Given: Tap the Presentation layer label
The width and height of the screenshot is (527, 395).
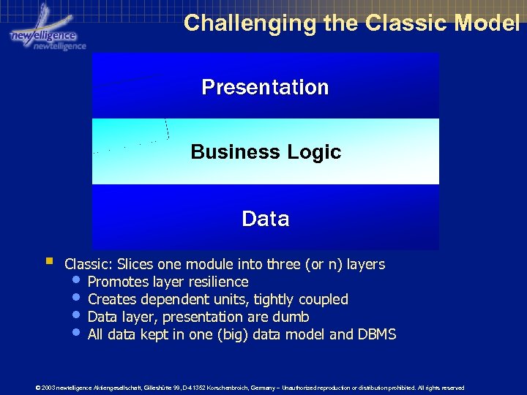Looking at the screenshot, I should click(x=265, y=87).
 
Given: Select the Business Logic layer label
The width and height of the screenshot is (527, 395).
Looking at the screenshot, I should click(x=266, y=152).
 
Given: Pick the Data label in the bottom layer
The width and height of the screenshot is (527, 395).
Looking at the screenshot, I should click(x=265, y=219).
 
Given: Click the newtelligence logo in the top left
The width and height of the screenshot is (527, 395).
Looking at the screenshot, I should click(x=45, y=34).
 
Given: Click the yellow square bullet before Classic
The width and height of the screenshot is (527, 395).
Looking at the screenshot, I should click(x=48, y=260).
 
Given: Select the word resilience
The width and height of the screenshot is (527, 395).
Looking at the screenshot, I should click(x=218, y=282).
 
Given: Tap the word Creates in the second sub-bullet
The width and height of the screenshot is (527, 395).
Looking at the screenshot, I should click(x=112, y=299).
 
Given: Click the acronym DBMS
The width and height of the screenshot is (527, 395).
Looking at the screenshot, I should click(x=376, y=334).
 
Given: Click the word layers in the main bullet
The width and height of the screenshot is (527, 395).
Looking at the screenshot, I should click(x=365, y=264).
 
